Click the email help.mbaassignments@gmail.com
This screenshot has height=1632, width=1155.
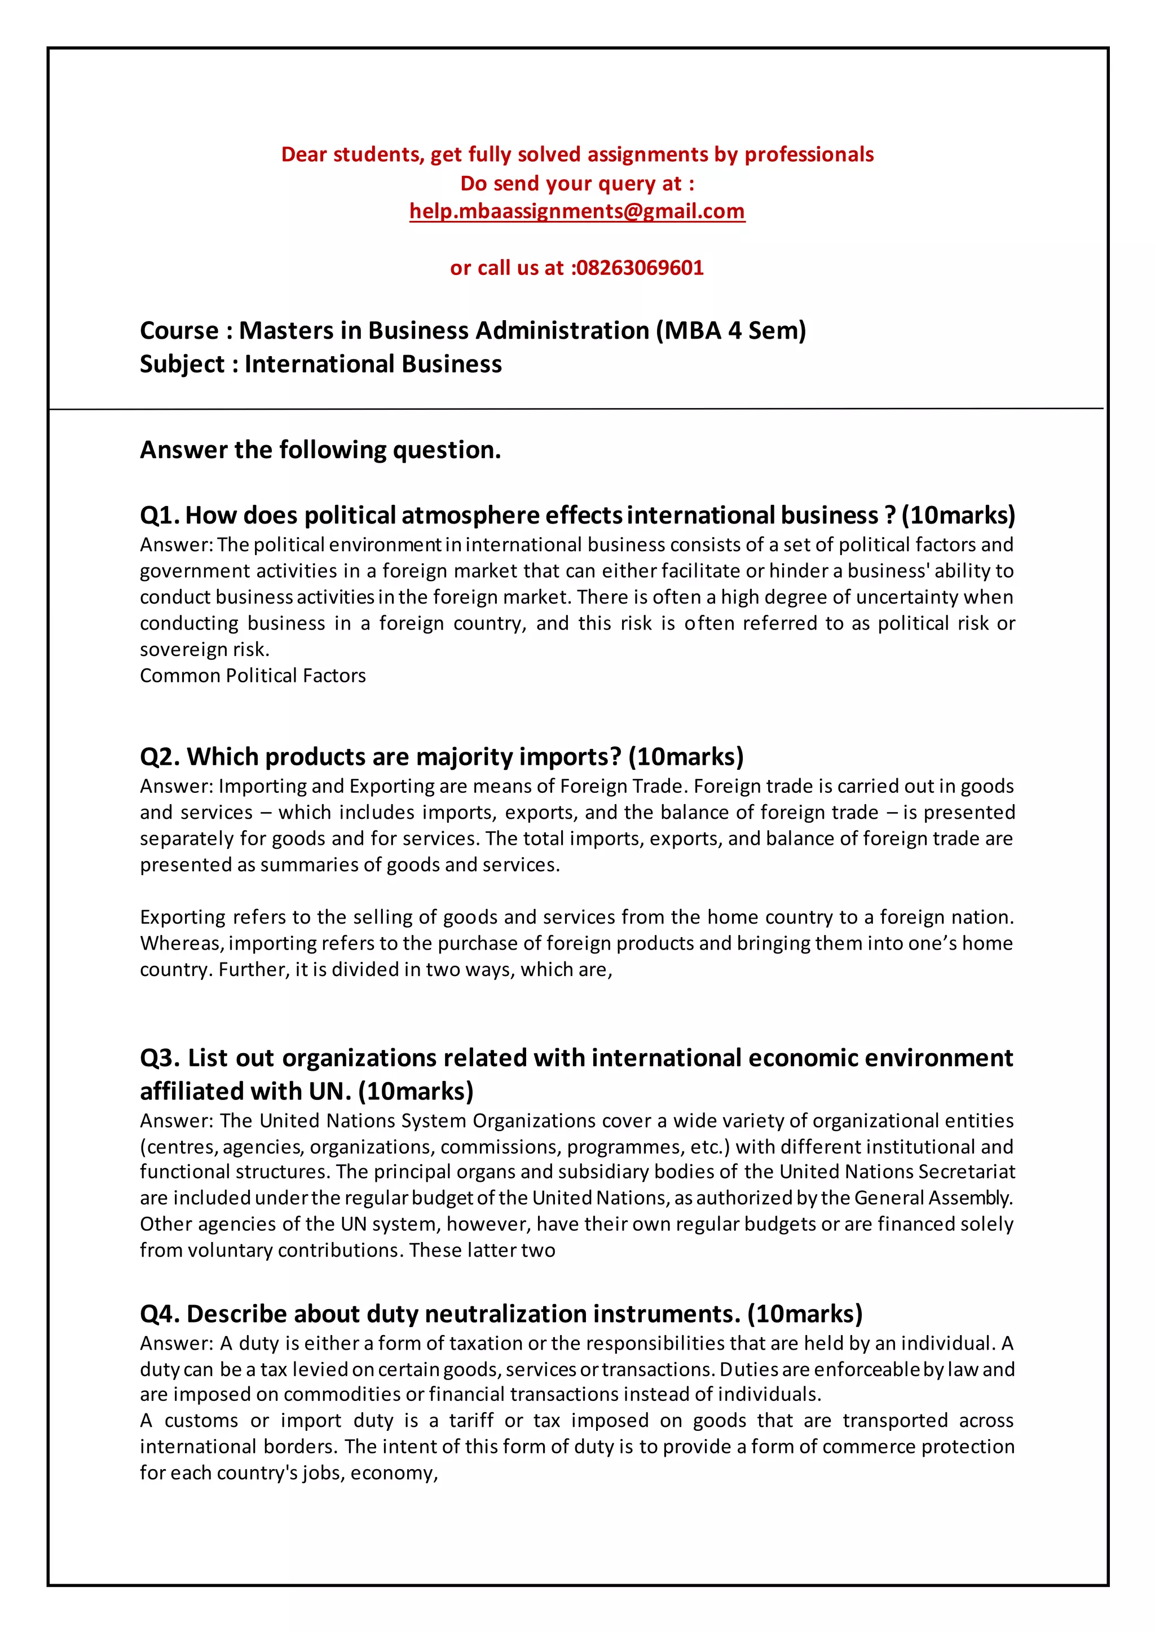click(x=577, y=211)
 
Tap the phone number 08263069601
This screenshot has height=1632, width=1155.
click(x=640, y=268)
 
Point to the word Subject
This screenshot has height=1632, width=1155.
click(x=182, y=364)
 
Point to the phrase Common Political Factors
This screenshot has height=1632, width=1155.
click(x=253, y=676)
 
